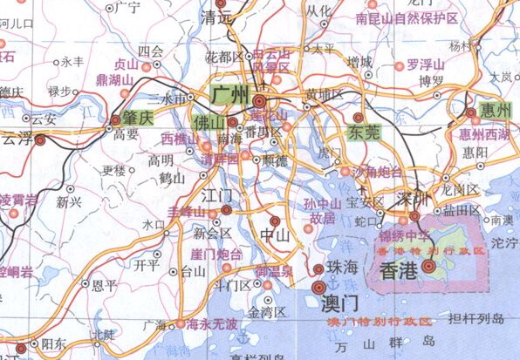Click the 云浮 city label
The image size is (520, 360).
[18, 138]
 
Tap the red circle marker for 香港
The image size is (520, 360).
[428, 265]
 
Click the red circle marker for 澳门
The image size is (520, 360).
[318, 286]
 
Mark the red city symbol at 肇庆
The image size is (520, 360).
[116, 119]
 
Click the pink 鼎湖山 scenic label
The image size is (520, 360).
[115, 79]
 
